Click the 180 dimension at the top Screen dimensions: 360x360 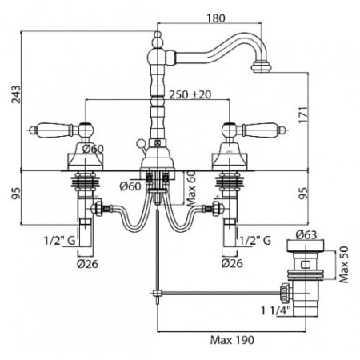[x=216, y=18]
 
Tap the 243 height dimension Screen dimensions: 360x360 [x=16, y=94]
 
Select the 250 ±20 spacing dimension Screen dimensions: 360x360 [x=190, y=94]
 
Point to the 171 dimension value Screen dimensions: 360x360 [x=303, y=115]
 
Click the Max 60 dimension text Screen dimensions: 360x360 [x=191, y=189]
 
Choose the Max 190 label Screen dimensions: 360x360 [x=232, y=340]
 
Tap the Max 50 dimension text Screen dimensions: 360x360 [x=344, y=265]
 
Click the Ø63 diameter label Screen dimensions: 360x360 [x=306, y=234]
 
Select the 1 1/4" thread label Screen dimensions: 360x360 [x=276, y=310]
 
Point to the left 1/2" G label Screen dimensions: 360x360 [x=60, y=241]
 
